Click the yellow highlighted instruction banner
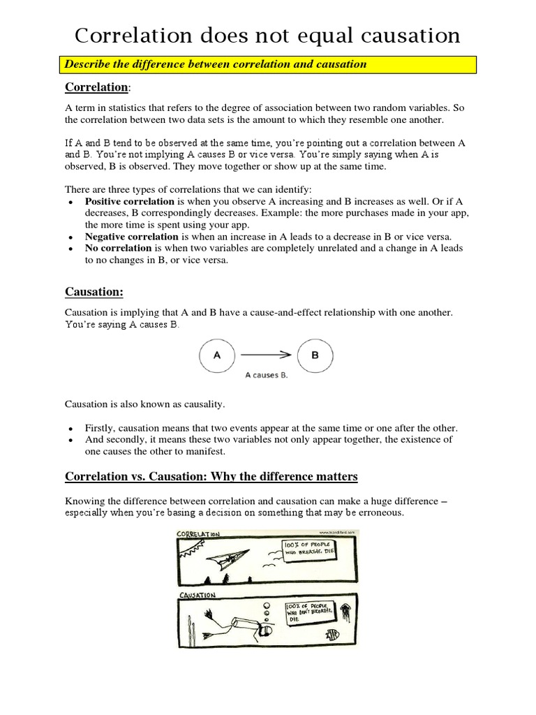[267, 64]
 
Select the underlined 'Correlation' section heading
[96, 87]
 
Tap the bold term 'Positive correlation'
[129, 202]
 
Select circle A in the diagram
[217, 355]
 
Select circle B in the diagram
[315, 355]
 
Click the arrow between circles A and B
[266, 355]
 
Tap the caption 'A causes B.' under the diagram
[266, 375]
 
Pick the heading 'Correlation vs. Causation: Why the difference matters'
[211, 477]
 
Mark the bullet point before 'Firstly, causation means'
[72, 429]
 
